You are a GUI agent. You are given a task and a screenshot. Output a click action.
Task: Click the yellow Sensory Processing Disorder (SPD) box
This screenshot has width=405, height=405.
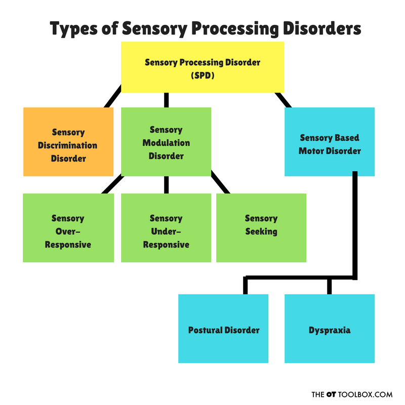[x=202, y=67]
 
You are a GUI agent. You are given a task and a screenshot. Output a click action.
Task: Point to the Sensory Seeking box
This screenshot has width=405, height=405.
[x=261, y=227]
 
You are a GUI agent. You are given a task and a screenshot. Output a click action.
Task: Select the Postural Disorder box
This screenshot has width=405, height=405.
[x=223, y=329]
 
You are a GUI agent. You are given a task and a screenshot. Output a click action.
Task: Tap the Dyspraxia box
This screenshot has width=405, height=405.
[x=329, y=329]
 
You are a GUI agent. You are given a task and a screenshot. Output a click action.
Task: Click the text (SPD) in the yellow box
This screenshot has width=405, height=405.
[x=202, y=75]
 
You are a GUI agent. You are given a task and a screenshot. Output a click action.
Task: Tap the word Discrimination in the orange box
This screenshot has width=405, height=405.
[x=68, y=145]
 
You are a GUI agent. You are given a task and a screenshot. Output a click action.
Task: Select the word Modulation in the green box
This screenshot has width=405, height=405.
[x=166, y=143]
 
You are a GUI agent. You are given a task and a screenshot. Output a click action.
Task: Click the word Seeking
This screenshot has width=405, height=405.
[x=261, y=232]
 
